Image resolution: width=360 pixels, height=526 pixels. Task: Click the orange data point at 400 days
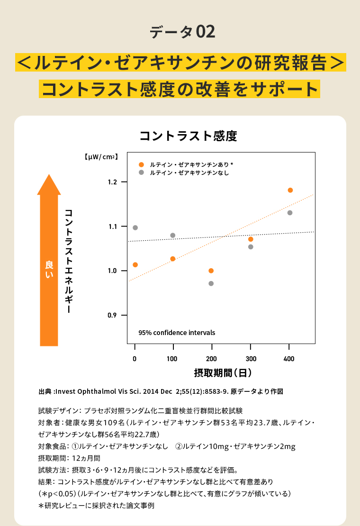pos(290,190)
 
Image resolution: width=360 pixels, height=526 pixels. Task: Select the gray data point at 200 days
pos(211,283)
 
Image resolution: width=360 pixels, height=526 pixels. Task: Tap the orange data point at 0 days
pos(135,264)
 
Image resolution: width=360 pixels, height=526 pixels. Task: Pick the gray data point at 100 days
pos(173,236)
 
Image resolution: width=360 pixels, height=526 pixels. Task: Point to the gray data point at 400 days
pos(290,213)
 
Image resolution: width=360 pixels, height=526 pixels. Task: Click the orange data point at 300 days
pos(251,239)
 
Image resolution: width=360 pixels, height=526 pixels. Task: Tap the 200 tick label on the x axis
pos(212,359)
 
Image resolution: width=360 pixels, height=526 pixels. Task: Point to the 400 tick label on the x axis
pos(289,359)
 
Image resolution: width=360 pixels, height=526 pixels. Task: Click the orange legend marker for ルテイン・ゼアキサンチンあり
pos(141,164)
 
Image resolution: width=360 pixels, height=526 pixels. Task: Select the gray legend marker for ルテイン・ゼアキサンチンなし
pos(141,173)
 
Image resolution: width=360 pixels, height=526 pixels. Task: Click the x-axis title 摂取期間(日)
pos(223,373)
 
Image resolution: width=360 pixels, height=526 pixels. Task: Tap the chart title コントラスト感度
pos(188,136)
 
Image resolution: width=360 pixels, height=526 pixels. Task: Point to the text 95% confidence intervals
pos(177,333)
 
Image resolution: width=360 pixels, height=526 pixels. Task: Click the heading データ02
pos(182,32)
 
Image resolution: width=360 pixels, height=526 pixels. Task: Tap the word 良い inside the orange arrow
pos(49,269)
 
